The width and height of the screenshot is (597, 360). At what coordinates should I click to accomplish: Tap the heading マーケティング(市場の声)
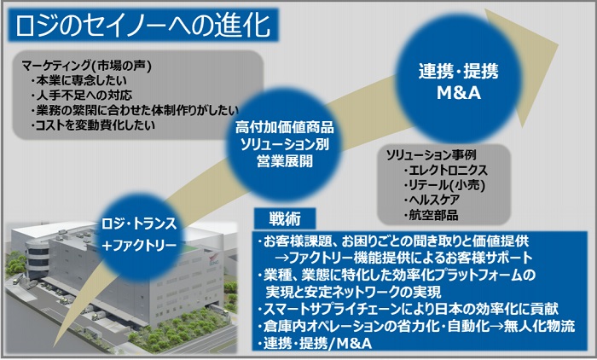(x=87, y=66)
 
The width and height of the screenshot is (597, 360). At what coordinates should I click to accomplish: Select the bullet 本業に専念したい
(x=79, y=80)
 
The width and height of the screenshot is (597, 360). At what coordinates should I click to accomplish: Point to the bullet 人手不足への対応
(x=82, y=95)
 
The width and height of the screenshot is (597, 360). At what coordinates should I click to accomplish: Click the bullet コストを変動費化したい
(x=93, y=125)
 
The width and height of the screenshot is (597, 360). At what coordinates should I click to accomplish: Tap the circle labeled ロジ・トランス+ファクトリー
(x=139, y=235)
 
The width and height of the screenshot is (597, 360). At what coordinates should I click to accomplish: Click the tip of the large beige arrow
(x=558, y=44)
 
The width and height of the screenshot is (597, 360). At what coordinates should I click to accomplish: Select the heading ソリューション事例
(x=432, y=155)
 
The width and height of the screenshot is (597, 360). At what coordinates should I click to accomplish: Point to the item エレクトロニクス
(x=445, y=170)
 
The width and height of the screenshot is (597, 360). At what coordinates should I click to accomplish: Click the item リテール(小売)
(x=444, y=185)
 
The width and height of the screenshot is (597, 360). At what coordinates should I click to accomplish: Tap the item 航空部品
(x=431, y=215)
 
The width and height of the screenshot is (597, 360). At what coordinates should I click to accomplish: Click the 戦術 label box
(x=285, y=218)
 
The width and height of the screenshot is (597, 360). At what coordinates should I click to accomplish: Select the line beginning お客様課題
(x=393, y=241)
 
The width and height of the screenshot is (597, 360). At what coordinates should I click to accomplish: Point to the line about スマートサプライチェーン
(x=408, y=309)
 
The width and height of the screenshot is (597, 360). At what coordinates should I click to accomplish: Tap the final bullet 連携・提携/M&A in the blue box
(x=315, y=343)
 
